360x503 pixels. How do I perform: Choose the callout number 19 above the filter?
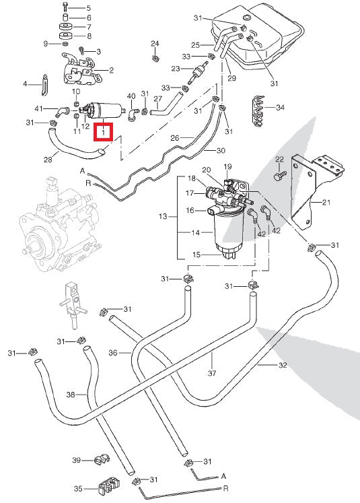[x=227, y=166]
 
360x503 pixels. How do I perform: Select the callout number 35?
[x=78, y=489]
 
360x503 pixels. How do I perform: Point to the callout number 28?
[x=47, y=160]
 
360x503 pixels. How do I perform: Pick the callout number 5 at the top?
[x=88, y=7]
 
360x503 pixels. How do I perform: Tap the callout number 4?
[x=26, y=84]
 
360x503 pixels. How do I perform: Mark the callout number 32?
[x=282, y=365]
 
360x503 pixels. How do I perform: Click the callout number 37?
[x=212, y=374]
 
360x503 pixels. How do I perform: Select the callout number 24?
[x=155, y=44]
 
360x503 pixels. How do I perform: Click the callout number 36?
[x=113, y=351]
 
